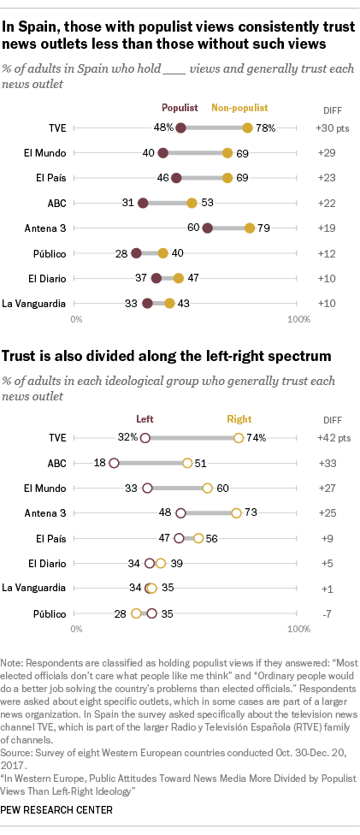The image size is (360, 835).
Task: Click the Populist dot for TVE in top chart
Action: (180, 128)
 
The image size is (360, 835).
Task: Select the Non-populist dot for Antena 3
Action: (250, 228)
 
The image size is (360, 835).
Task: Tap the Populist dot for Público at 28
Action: (136, 253)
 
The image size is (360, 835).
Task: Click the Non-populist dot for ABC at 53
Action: (192, 204)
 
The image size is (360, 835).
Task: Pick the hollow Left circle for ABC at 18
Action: (114, 463)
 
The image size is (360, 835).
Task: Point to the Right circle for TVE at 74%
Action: (239, 438)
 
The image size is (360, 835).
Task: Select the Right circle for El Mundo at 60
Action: (208, 489)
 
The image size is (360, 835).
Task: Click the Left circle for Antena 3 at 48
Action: (180, 513)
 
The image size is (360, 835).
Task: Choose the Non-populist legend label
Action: (239, 108)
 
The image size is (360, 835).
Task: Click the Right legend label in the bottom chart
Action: (239, 418)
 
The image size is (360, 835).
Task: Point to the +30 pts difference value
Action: (322, 128)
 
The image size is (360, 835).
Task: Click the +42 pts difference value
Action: (322, 438)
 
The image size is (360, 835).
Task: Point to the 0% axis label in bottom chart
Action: (76, 630)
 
